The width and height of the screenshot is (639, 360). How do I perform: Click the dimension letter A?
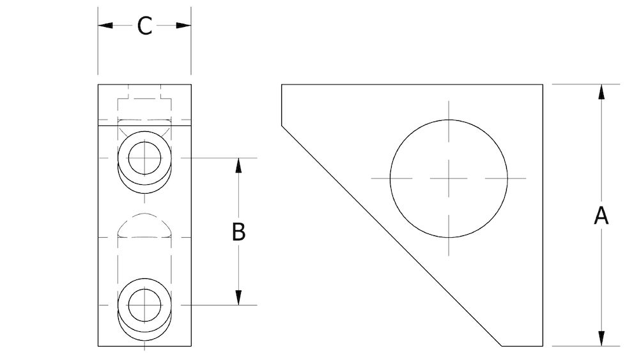(601, 215)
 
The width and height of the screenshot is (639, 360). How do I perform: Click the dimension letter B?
(238, 231)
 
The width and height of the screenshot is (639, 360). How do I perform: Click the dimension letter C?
(145, 26)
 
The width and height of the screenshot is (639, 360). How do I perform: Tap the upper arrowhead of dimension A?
(601, 91)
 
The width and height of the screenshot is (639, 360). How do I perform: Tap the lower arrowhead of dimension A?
(601, 338)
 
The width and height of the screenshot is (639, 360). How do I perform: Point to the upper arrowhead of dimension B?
(238, 165)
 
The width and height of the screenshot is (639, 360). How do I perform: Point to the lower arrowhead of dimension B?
(238, 297)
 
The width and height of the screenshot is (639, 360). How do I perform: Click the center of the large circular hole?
(449, 178)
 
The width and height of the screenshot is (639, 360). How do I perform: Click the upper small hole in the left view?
(145, 157)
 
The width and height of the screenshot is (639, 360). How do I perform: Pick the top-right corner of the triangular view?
(543, 84)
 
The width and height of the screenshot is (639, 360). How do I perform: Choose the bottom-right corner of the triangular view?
(543, 346)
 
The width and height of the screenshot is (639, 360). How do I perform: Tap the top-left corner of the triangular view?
(282, 84)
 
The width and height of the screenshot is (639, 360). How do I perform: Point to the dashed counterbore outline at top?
(145, 97)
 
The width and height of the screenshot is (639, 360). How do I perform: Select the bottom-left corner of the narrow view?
(98, 346)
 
